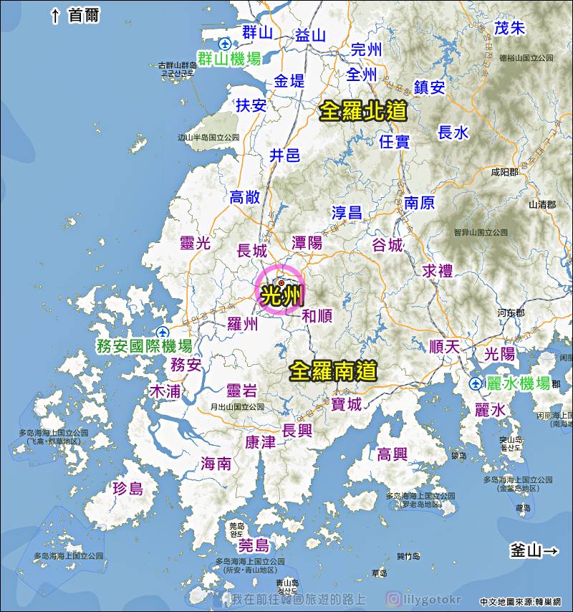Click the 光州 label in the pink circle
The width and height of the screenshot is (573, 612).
(280, 295)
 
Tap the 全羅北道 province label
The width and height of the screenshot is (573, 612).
(363, 110)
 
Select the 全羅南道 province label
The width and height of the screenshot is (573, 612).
(333, 370)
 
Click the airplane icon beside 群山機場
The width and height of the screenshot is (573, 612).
(225, 43)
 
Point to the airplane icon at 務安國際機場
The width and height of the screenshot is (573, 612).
(164, 332)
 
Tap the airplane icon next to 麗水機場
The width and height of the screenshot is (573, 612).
(476, 384)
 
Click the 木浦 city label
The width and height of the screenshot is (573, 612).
(164, 391)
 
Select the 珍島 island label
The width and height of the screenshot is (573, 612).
(128, 489)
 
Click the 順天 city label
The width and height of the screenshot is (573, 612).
(444, 346)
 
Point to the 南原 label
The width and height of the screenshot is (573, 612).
(419, 203)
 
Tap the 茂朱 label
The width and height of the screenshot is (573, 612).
(510, 28)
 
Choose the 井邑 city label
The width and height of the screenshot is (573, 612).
(284, 156)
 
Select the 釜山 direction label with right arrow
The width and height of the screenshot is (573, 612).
(534, 551)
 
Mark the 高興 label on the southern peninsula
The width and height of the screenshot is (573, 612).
(392, 454)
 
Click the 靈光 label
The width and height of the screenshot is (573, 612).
(196, 243)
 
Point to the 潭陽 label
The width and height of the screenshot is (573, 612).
(307, 243)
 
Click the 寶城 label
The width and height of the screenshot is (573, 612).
(346, 404)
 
